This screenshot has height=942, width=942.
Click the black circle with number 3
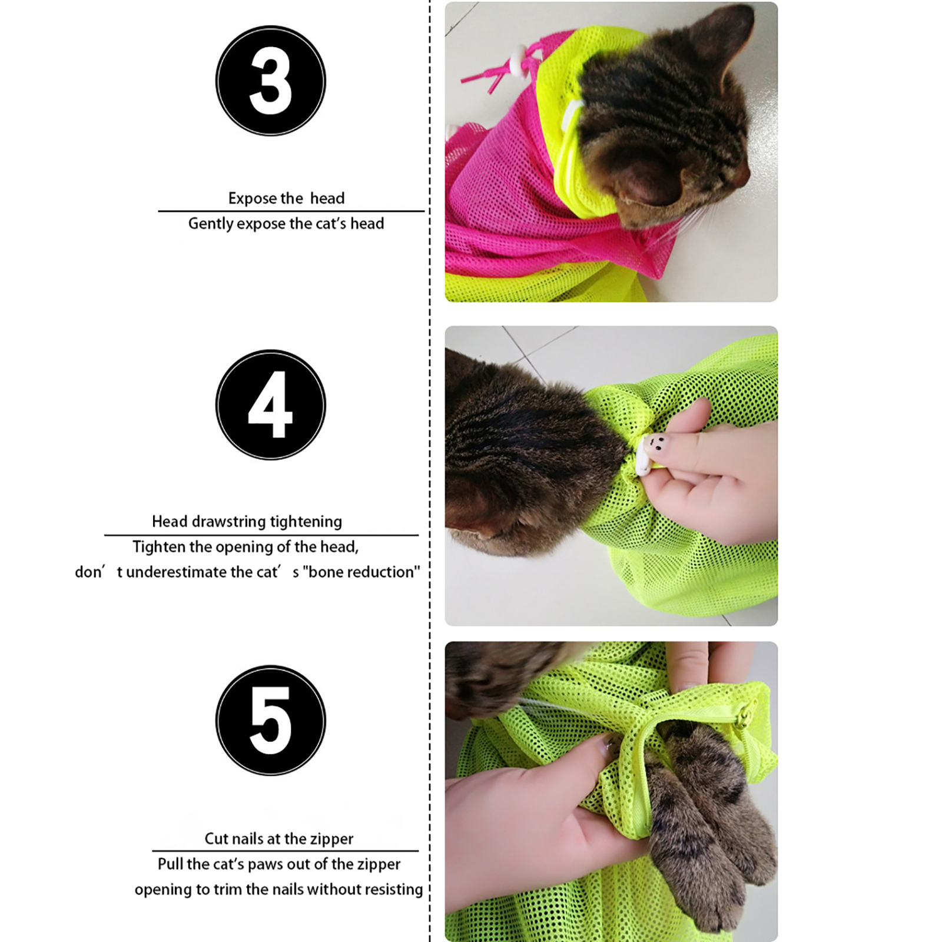pos(271,81)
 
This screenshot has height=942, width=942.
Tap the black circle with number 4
pos(271,405)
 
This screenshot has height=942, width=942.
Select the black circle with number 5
pos(271,721)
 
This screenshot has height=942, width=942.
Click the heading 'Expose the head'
pos(286,198)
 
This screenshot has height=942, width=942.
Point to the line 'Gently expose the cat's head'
pos(286,224)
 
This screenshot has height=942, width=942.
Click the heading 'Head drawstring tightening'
pos(247,522)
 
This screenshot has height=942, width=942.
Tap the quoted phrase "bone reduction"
pos(361,572)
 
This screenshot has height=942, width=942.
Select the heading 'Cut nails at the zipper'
pos(279,838)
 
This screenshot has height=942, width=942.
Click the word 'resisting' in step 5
pos(393,889)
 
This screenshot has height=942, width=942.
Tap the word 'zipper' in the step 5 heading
pos(334,840)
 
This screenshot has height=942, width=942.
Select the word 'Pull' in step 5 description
pos(170,864)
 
